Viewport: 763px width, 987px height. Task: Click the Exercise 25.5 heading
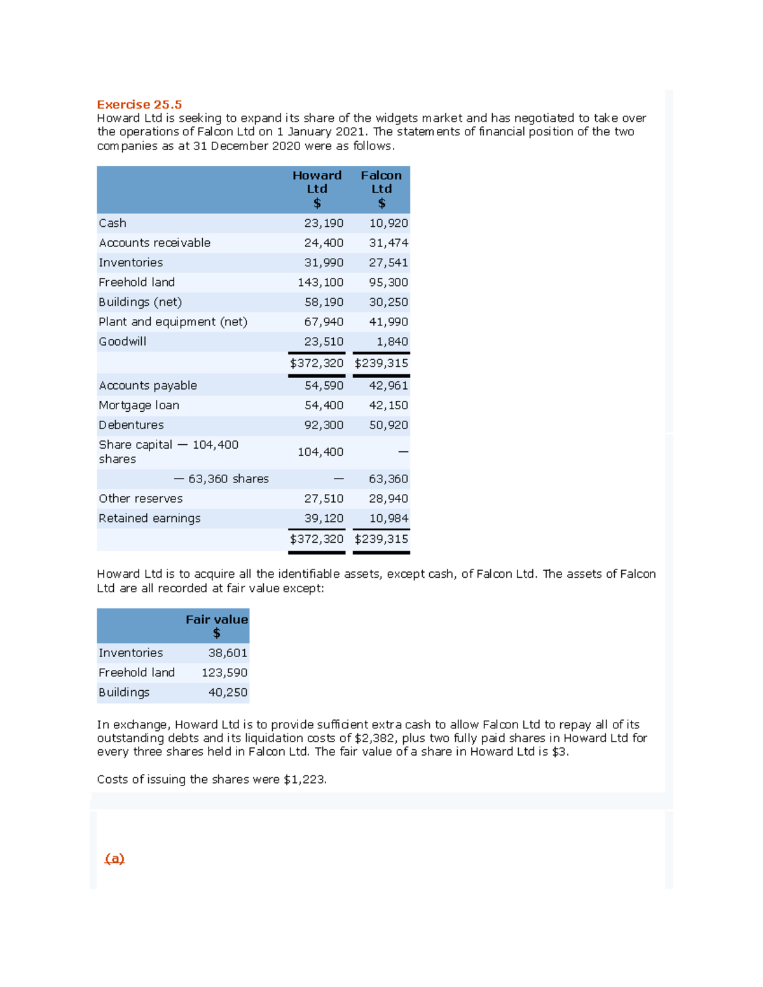[139, 104]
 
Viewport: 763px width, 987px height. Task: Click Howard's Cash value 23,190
[324, 223]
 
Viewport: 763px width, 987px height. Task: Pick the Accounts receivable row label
[155, 243]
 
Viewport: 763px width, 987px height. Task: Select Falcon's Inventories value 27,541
[388, 262]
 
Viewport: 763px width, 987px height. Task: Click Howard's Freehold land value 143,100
[320, 282]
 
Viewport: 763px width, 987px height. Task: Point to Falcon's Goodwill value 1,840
[392, 341]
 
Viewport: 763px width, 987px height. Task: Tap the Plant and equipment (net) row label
[173, 322]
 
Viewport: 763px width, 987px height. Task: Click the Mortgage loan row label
[139, 405]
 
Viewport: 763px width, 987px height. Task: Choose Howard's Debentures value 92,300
[324, 425]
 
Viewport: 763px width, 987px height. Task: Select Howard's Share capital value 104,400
[320, 452]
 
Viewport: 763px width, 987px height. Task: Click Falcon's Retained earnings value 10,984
[388, 518]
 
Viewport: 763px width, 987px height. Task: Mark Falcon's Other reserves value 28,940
[388, 498]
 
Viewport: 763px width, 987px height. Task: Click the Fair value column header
[216, 626]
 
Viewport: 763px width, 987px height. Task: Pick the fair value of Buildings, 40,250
[228, 692]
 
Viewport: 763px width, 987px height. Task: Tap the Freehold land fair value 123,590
[224, 672]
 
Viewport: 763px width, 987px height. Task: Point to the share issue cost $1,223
[305, 779]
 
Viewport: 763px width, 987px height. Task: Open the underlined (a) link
[114, 859]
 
